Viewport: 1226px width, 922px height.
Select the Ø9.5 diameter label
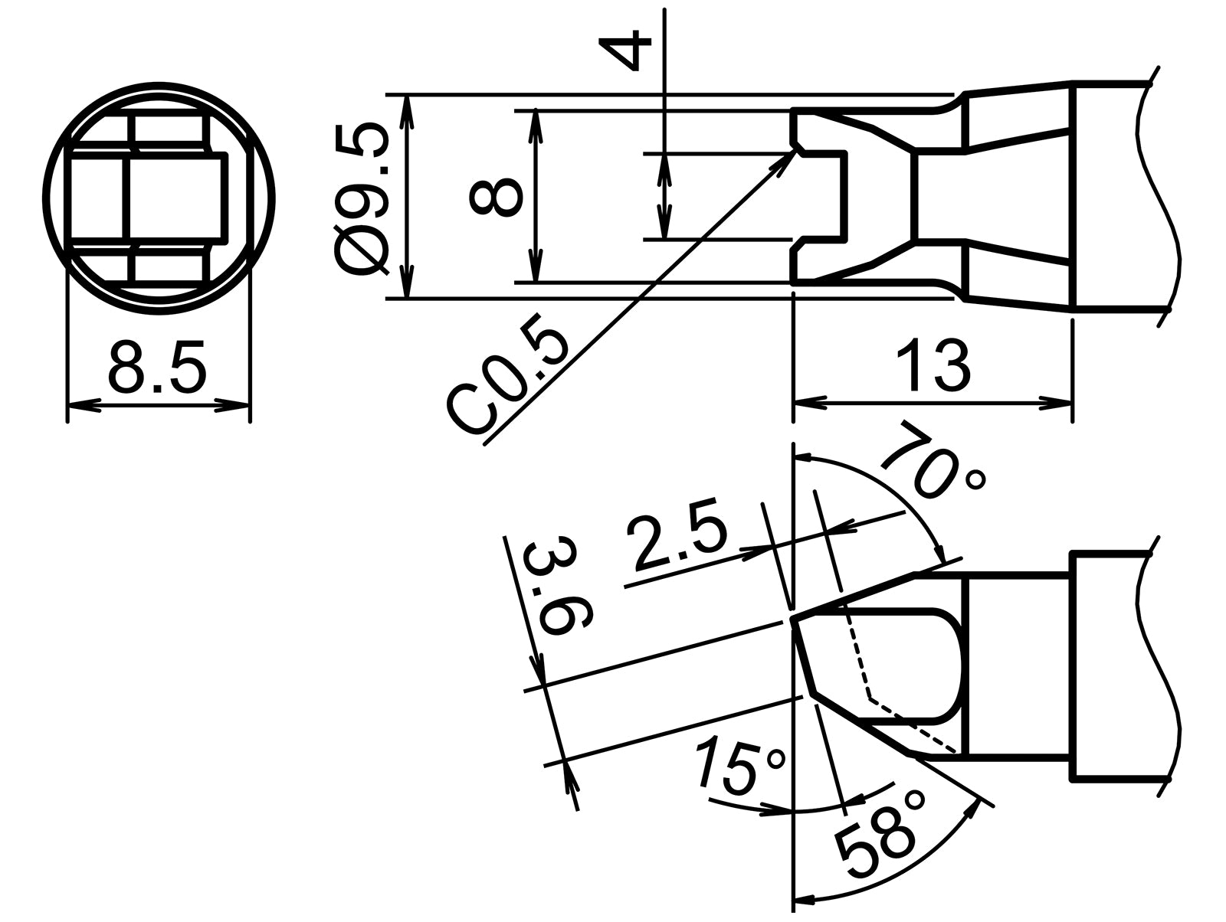(x=362, y=198)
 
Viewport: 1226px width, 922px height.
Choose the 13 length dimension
(x=933, y=366)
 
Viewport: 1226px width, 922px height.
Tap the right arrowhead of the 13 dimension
(x=1066, y=401)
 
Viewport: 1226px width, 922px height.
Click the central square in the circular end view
(x=175, y=196)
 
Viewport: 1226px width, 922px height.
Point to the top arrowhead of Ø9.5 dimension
(x=408, y=100)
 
